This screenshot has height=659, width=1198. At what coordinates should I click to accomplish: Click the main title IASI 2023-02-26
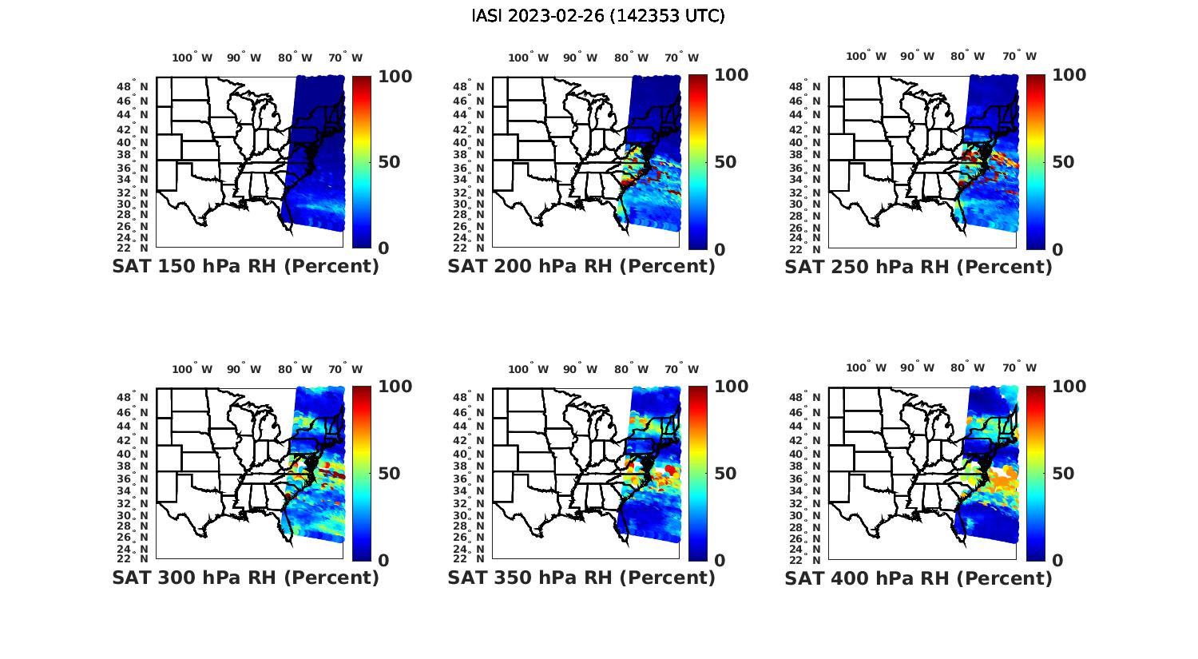tap(598, 16)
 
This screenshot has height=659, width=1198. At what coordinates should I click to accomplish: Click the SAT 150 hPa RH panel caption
tap(245, 266)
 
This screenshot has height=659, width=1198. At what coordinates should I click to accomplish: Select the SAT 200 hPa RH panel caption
tap(581, 266)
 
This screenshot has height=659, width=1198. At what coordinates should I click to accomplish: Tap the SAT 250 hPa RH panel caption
tap(918, 266)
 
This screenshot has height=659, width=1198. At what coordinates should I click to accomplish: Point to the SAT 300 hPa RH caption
tap(245, 578)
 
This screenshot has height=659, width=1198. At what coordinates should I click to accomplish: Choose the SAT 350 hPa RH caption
tap(581, 578)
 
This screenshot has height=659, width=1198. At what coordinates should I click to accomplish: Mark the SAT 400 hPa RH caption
tap(918, 578)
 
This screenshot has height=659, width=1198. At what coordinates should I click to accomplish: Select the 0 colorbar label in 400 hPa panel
tap(1058, 561)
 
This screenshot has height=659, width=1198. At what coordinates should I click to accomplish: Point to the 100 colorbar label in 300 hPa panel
tap(395, 387)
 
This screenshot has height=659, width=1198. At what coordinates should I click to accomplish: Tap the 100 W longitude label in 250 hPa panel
tap(866, 56)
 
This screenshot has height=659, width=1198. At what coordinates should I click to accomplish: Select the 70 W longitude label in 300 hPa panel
tap(345, 369)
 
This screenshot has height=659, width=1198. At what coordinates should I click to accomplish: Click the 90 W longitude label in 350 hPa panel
tap(580, 369)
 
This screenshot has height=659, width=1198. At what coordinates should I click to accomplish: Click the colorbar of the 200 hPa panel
tap(698, 162)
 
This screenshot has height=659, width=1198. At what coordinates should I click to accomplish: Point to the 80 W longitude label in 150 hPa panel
tap(295, 58)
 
